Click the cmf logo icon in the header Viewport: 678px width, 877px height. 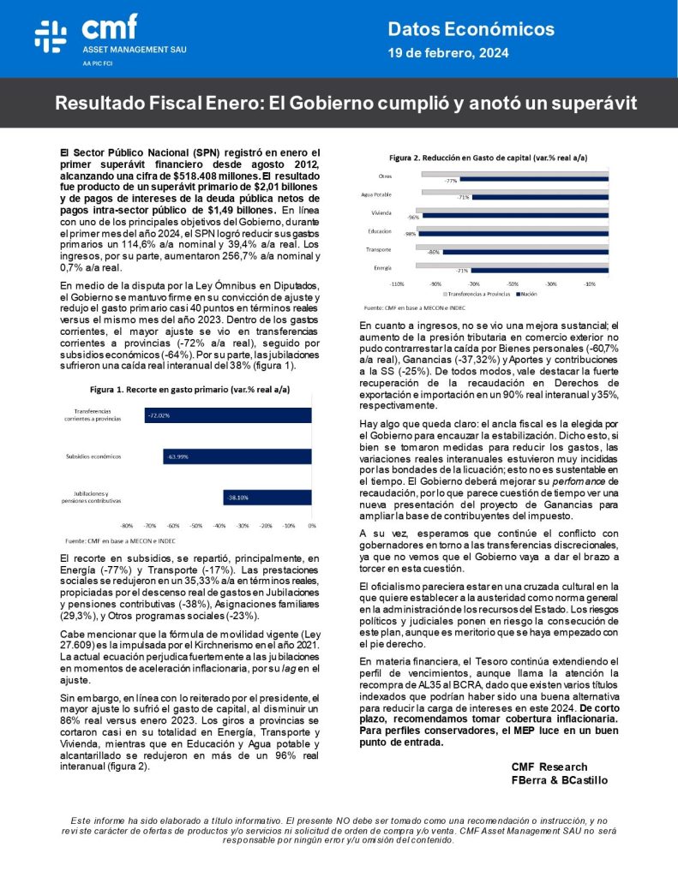pos(51,34)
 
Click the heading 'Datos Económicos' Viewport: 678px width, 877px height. pos(471,29)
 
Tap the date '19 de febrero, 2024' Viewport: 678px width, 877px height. pos(448,53)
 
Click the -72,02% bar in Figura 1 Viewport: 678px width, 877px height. pos(226,415)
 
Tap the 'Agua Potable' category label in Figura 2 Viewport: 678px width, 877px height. pos(377,194)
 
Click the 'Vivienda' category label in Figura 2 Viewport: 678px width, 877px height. pos(381,212)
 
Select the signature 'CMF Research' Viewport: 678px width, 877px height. pos(549,767)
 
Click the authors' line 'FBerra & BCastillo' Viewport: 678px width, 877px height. pos(559,780)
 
